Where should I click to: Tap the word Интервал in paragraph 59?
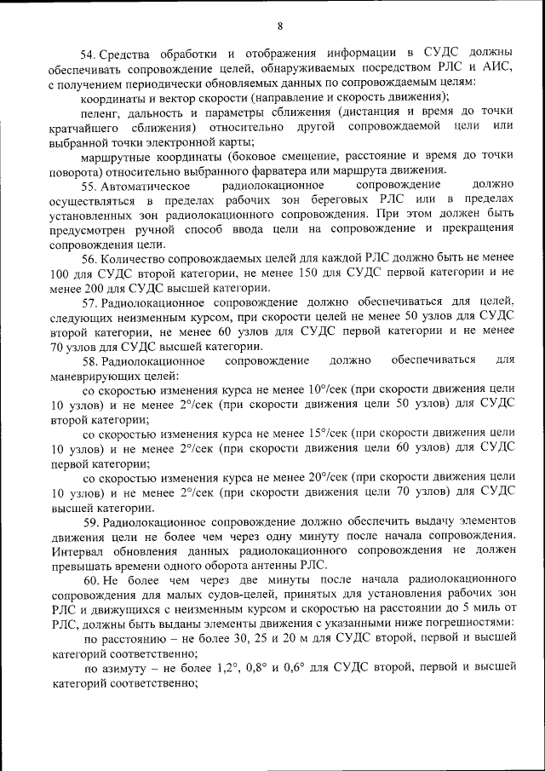point(77,552)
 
